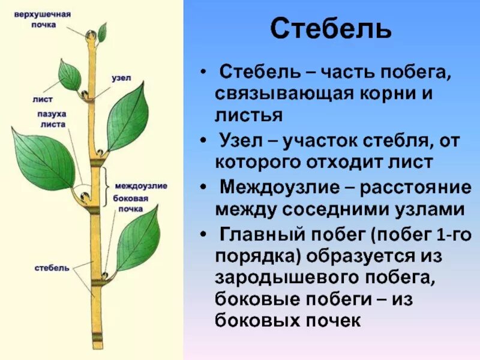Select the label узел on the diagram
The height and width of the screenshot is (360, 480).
pos(118,77)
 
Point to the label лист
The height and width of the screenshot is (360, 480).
pos(43,99)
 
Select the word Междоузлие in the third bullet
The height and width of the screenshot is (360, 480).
pos(283,187)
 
